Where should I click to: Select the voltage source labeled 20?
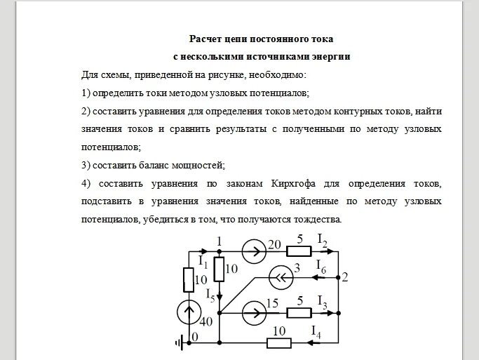(x=253, y=250)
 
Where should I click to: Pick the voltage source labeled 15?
(x=253, y=310)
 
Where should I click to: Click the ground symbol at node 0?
(x=180, y=342)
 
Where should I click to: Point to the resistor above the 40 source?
(x=189, y=279)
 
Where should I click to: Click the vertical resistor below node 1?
(x=220, y=268)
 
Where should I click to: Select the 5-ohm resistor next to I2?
(x=299, y=251)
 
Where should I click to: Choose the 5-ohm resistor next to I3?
(x=299, y=310)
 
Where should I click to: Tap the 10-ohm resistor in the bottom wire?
(x=279, y=343)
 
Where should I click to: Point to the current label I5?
(x=210, y=293)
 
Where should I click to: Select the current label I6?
(x=322, y=267)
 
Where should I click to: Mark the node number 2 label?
(x=344, y=276)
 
